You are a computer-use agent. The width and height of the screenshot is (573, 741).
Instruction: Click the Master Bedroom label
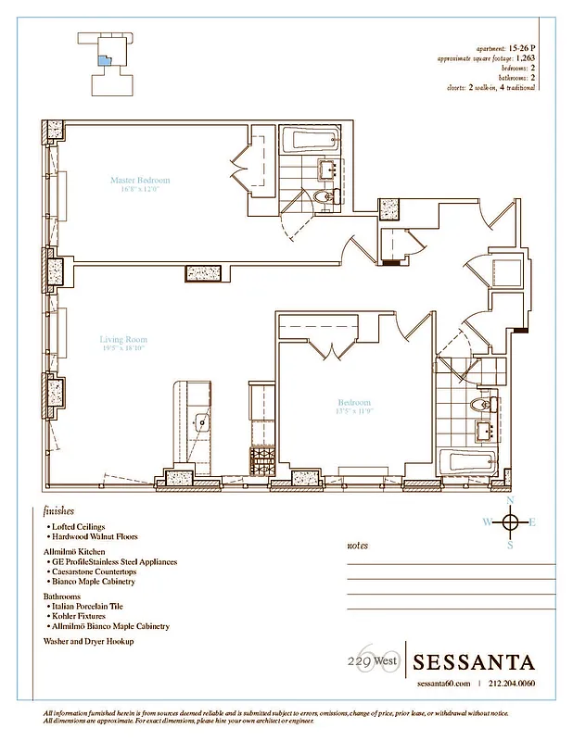pyautogui.click(x=139, y=181)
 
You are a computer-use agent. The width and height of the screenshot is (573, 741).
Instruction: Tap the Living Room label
pyautogui.click(x=123, y=340)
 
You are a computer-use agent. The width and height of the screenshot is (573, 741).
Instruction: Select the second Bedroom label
pyautogui.click(x=354, y=403)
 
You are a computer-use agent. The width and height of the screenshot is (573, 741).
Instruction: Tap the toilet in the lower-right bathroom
pyautogui.click(x=481, y=404)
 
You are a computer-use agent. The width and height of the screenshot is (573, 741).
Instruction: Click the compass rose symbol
pyautogui.click(x=509, y=521)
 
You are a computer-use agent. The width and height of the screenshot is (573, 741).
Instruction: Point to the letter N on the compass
pyautogui.click(x=509, y=500)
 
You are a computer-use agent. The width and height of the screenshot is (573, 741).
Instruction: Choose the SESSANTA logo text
pyautogui.click(x=474, y=661)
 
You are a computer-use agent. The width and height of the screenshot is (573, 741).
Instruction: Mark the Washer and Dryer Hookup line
pyautogui.click(x=88, y=641)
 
